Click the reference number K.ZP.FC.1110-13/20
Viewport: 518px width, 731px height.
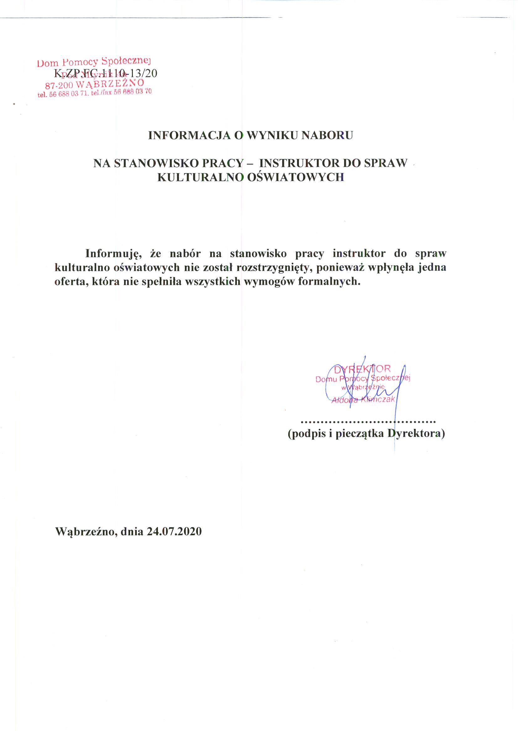106,74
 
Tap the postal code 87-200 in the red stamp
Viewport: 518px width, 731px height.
60,85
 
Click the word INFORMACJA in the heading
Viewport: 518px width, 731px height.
189,136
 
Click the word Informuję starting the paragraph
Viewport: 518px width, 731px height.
111,253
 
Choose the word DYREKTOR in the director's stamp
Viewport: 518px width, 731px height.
362,369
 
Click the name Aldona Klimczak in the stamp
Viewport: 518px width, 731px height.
363,400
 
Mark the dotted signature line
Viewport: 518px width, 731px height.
369,422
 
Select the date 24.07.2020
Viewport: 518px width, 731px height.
175,531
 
